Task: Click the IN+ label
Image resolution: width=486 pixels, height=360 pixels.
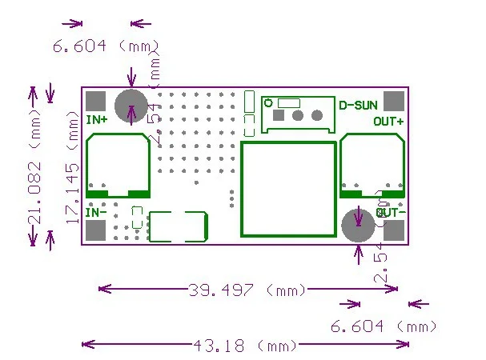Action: [97, 121]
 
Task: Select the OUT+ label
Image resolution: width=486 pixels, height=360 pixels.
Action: [388, 122]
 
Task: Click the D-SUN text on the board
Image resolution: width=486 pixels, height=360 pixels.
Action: [356, 105]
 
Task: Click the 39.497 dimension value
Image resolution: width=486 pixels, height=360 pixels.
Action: [220, 290]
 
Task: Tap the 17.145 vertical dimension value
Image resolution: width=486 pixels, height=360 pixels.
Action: [73, 192]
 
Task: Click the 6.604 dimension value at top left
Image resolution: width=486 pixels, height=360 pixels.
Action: [80, 46]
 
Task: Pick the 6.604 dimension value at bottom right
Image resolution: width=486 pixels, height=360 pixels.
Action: [359, 326]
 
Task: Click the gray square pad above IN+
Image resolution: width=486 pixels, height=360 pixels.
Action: [96, 102]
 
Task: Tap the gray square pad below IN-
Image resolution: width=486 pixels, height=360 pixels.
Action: [96, 230]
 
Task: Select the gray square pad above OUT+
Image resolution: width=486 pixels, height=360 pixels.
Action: [393, 102]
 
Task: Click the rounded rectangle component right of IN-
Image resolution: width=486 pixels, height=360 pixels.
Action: [179, 226]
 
